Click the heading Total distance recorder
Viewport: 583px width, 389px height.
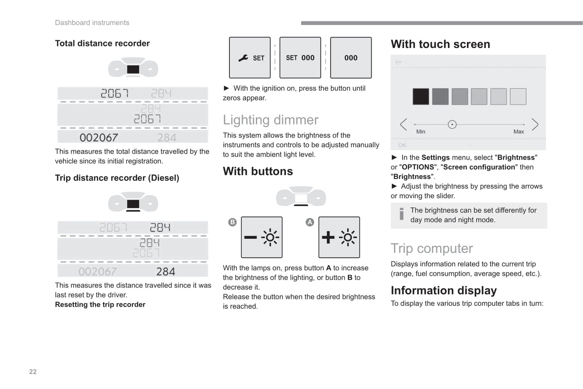click(102, 44)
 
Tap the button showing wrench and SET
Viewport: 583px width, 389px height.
click(250, 58)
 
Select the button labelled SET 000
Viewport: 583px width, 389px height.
click(300, 58)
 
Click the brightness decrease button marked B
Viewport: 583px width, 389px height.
click(261, 237)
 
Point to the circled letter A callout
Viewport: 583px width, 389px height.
click(309, 222)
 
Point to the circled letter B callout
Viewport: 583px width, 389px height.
click(232, 222)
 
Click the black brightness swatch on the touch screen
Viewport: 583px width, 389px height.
click(421, 97)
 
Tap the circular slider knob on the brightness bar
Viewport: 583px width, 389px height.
click(452, 124)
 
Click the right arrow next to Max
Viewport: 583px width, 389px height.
click(535, 124)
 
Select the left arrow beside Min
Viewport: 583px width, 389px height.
click(403, 124)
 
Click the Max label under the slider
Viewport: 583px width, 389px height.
click(518, 132)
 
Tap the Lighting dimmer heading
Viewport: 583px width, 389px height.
click(270, 120)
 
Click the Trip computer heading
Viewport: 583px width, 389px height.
click(431, 249)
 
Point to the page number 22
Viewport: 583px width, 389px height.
click(33, 372)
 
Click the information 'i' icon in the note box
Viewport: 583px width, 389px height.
click(401, 214)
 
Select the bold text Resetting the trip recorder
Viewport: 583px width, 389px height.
click(100, 305)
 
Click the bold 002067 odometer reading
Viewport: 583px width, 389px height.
click(98, 138)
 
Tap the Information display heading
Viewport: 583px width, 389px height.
click(443, 291)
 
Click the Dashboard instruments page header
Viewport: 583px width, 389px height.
click(92, 23)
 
